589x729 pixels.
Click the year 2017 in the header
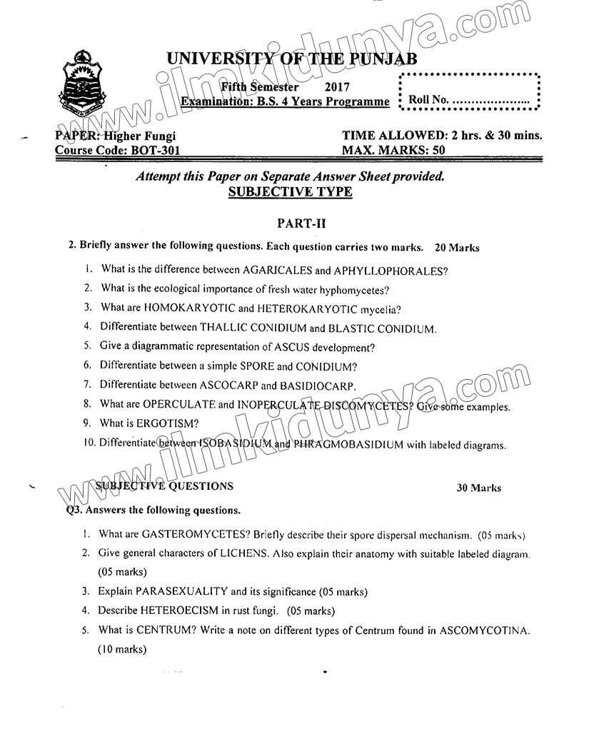click(x=337, y=87)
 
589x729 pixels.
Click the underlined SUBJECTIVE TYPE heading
click(x=289, y=192)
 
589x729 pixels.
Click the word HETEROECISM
click(x=183, y=610)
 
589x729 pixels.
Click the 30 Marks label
click(x=478, y=488)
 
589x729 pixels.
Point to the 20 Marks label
click(x=456, y=248)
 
